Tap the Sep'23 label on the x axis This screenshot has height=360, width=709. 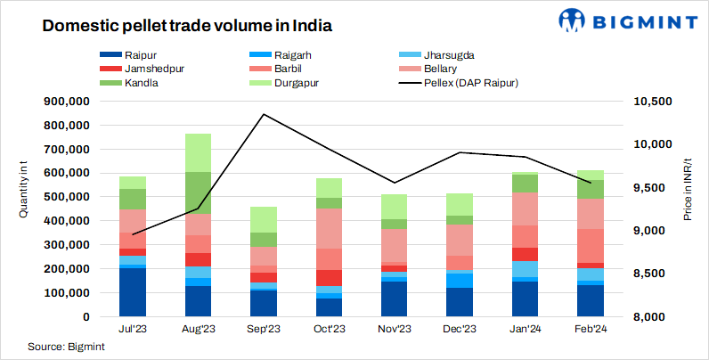tap(264, 329)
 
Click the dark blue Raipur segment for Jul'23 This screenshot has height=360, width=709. tap(133, 292)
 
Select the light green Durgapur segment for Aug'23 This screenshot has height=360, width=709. tap(199, 152)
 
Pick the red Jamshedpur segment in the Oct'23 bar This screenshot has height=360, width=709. tap(330, 278)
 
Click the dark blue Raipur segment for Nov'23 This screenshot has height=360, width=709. tap(395, 299)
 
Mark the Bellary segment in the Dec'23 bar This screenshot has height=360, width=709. tap(460, 240)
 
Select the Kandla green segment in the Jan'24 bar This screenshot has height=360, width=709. tap(526, 184)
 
